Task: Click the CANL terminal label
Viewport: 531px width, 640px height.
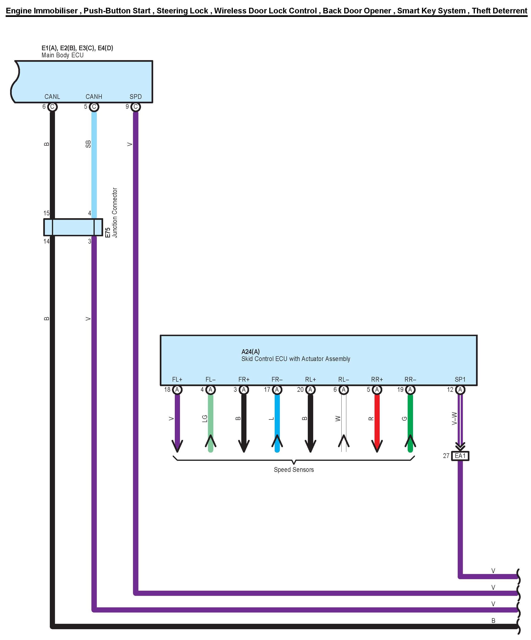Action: [52, 97]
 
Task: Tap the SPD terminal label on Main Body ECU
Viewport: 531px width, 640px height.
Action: [136, 97]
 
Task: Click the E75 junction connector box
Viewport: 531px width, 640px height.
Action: [73, 227]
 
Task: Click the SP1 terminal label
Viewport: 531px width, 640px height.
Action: [460, 380]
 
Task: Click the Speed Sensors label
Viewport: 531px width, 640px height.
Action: [293, 470]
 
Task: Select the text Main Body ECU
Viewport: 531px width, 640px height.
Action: [62, 55]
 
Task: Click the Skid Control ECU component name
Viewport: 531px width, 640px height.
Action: [296, 359]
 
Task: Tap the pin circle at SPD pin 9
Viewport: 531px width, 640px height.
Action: [136, 107]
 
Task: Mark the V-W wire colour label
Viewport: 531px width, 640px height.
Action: [454, 419]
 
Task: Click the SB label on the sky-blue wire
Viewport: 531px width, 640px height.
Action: [88, 144]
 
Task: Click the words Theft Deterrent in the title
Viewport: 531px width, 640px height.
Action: [499, 11]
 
